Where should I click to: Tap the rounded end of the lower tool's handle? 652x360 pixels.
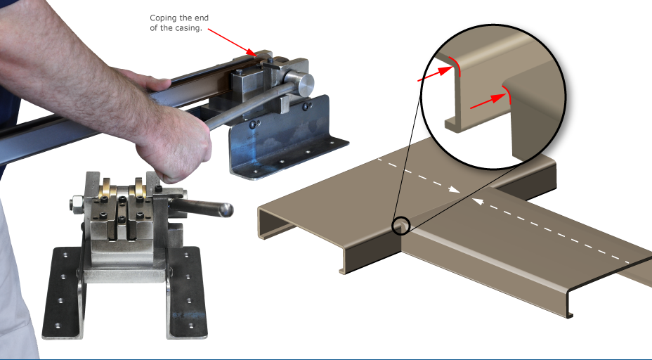tap(226, 210)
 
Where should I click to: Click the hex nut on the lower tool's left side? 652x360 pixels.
tap(74, 206)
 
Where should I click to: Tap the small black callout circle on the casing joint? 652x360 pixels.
tap(401, 225)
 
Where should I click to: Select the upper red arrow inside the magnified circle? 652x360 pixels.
tap(435, 71)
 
